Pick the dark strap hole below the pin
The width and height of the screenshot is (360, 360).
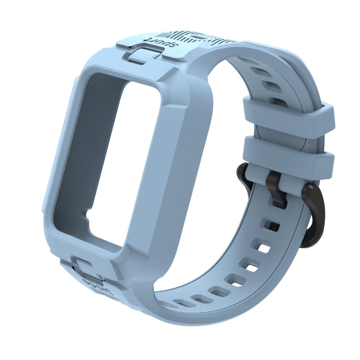pyautogui.click(x=273, y=226)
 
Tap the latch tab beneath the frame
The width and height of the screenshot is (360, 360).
pyautogui.click(x=84, y=265)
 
